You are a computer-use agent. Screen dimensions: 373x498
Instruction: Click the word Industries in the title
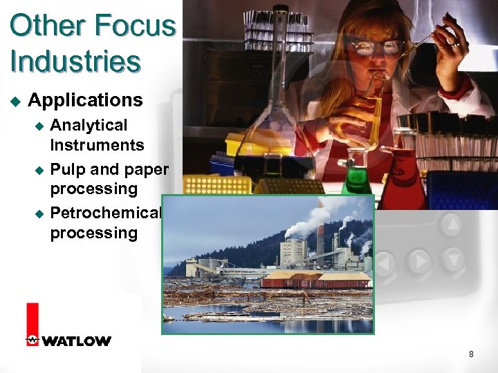coord(75,61)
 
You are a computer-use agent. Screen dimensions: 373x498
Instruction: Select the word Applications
coord(85,100)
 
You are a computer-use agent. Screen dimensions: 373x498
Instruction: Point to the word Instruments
coord(97,145)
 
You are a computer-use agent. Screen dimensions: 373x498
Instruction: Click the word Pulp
coord(67,169)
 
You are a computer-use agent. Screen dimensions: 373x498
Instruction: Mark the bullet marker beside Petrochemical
coord(39,213)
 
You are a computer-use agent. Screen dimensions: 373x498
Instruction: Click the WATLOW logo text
coord(76,341)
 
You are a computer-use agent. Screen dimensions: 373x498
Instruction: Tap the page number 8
coord(471,354)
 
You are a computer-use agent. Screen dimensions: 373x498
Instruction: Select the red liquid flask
coord(404,183)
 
